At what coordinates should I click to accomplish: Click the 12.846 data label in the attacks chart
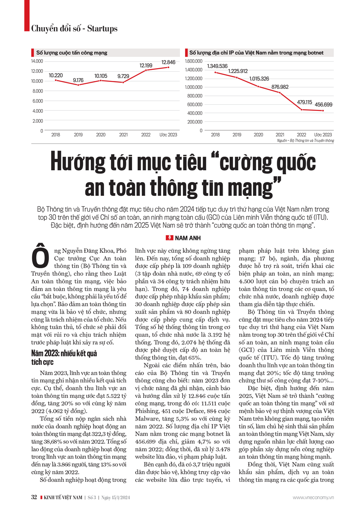(168, 62)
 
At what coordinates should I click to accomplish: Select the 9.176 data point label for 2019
(78, 80)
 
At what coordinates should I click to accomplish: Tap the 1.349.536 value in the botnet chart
(217, 66)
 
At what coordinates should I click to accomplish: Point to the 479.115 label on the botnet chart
(305, 102)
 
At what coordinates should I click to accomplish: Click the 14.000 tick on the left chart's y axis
(37, 61)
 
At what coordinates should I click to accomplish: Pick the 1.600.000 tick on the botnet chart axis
(194, 61)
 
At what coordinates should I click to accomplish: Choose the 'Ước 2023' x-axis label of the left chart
(168, 135)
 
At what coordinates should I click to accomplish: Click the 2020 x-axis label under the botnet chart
(258, 135)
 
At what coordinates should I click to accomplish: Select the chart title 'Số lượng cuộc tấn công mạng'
(72, 53)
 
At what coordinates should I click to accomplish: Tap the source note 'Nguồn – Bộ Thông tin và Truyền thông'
(305, 140)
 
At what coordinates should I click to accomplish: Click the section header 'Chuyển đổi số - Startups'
(74, 28)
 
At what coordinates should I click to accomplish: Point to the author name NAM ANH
(188, 238)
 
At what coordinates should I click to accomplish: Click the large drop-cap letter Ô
(40, 257)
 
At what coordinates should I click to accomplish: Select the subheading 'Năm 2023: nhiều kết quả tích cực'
(64, 358)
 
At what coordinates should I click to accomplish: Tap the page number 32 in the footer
(34, 497)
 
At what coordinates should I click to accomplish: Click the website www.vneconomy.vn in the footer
(313, 498)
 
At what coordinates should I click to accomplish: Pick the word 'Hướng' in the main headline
(80, 162)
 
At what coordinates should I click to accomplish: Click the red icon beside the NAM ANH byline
(169, 238)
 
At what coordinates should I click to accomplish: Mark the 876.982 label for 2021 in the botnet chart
(280, 87)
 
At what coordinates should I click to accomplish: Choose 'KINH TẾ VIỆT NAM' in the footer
(63, 498)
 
